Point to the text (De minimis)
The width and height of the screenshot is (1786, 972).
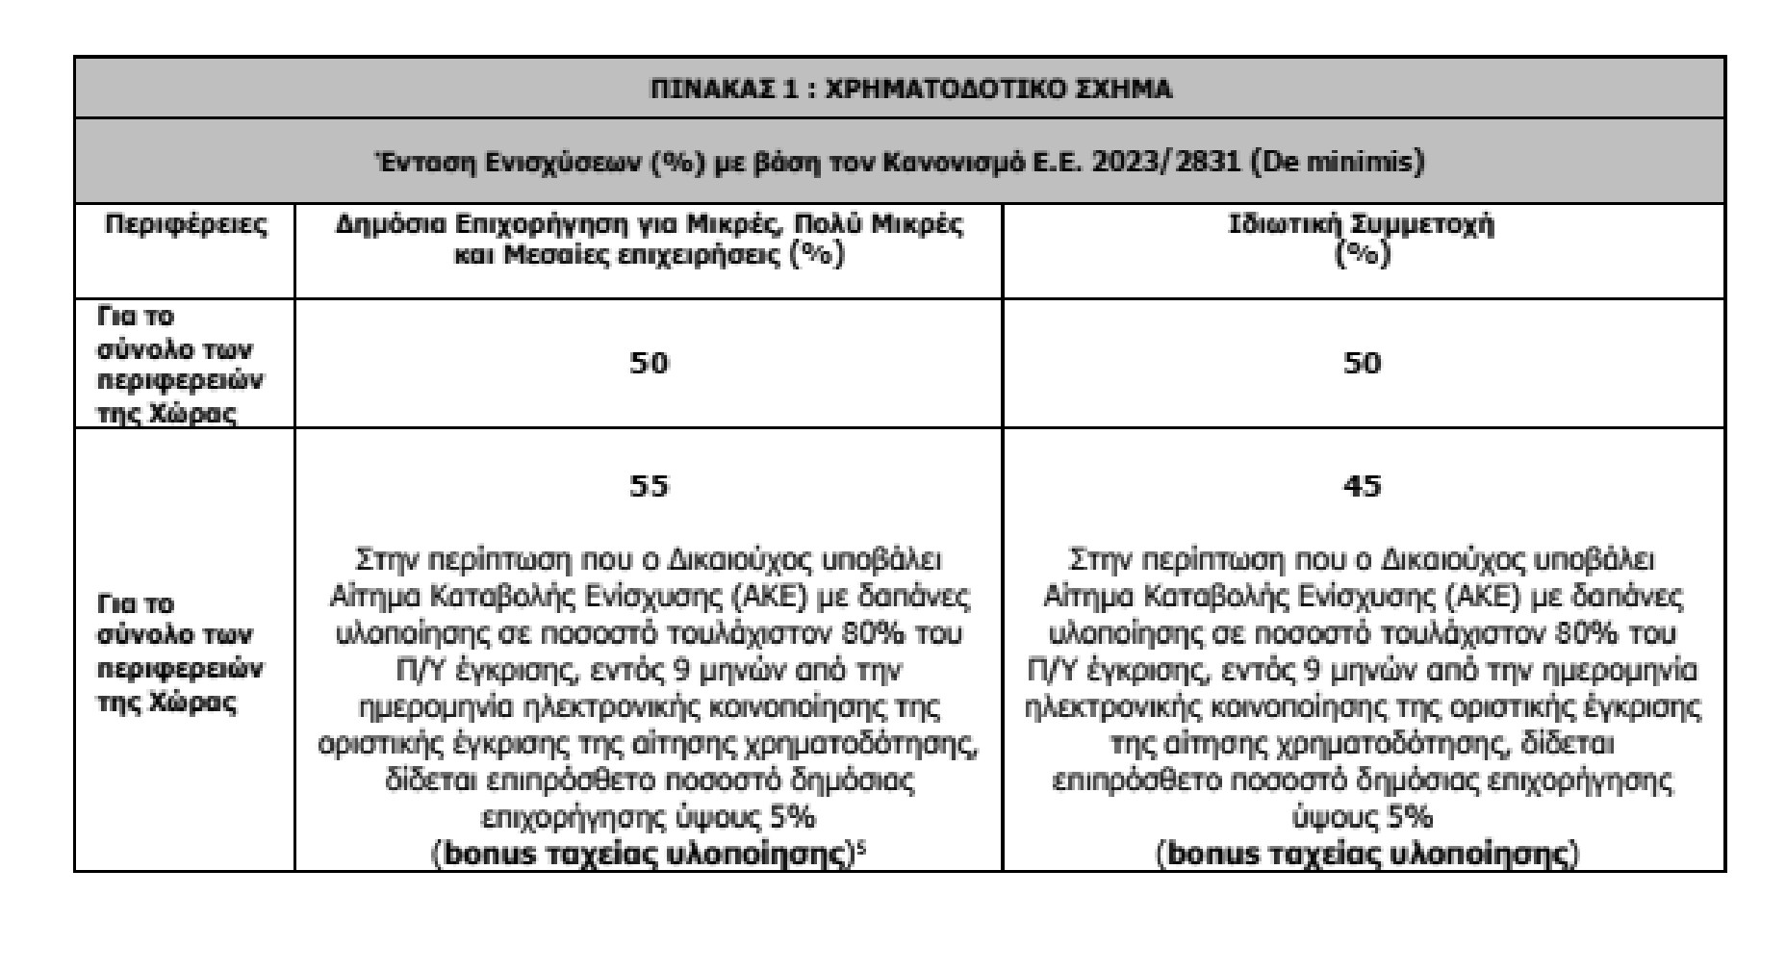point(1338,162)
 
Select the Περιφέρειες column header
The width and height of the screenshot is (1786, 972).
point(185,224)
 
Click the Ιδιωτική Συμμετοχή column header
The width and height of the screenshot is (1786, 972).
point(1362,224)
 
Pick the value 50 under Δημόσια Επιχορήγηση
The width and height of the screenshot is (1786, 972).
point(648,363)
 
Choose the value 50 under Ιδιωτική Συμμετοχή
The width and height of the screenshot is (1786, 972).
point(1362,363)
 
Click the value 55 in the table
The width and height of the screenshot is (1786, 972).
point(648,485)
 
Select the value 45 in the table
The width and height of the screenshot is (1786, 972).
point(1362,485)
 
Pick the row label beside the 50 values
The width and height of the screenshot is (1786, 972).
point(180,364)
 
